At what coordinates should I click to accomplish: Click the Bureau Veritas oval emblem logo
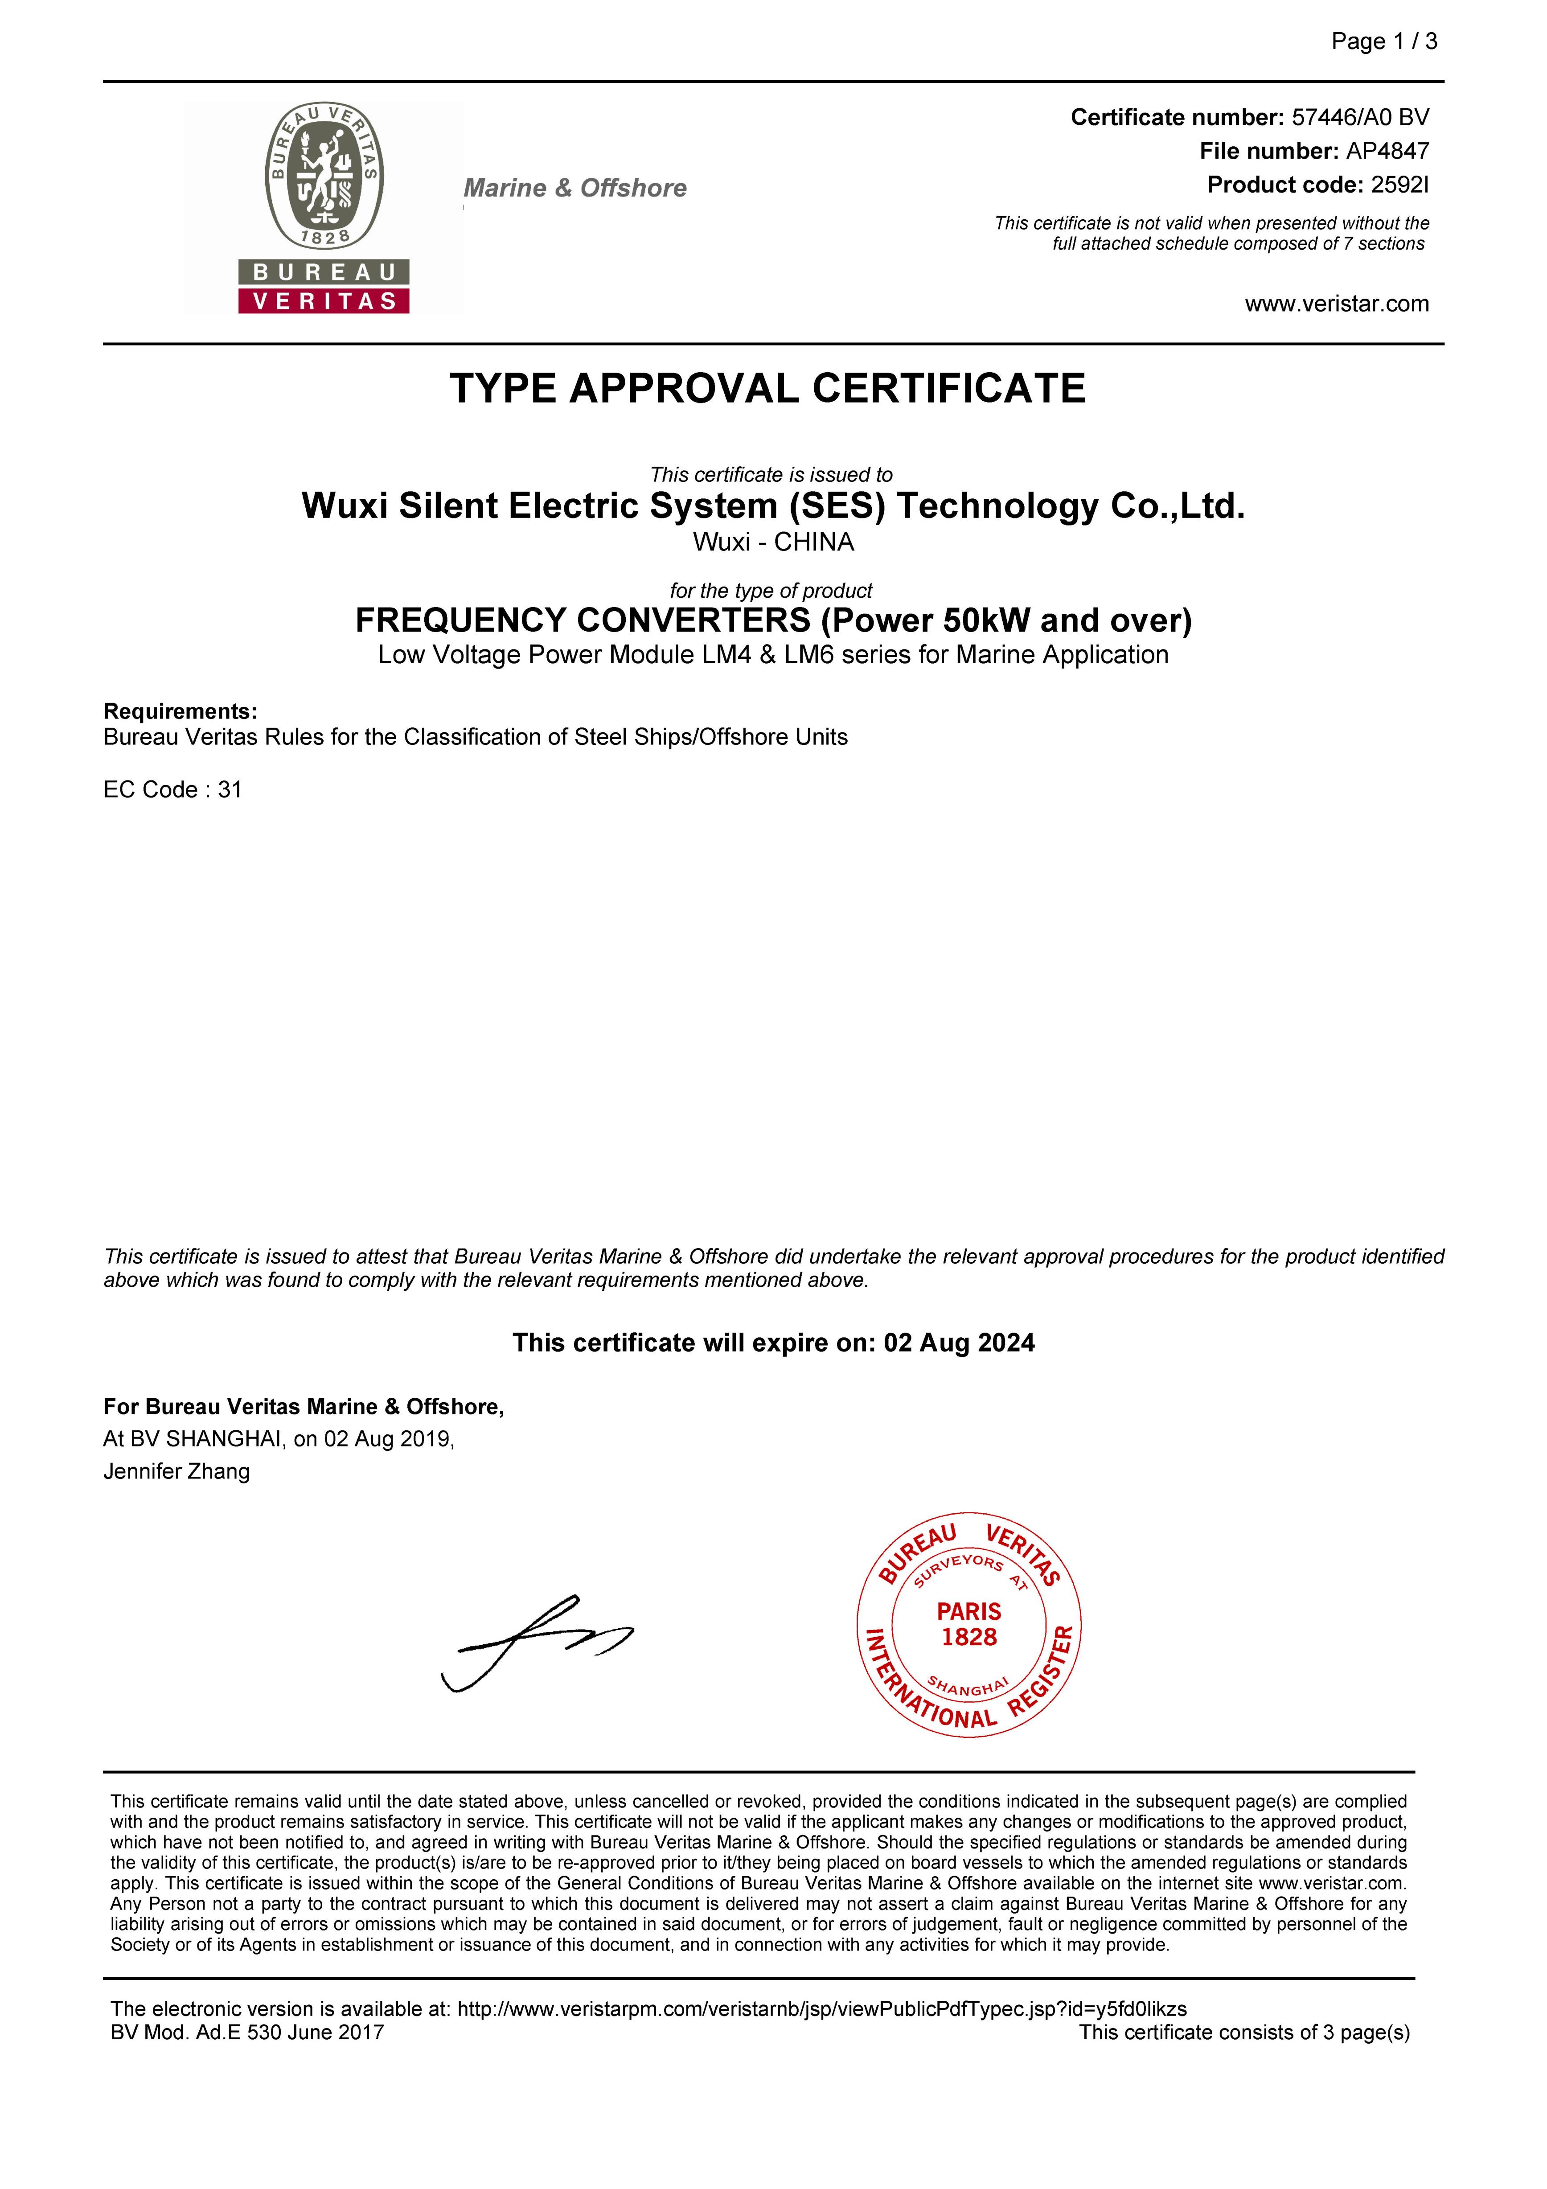click(x=324, y=177)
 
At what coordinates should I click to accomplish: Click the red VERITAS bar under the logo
click(x=324, y=301)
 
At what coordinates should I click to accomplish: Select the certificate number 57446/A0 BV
click(x=1360, y=117)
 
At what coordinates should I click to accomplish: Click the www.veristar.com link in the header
click(x=1336, y=304)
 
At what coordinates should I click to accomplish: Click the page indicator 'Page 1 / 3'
click(x=1384, y=41)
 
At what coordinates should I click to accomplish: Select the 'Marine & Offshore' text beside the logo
click(x=575, y=188)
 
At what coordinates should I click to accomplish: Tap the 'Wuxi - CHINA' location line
click(x=773, y=542)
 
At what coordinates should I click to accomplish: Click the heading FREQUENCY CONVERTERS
click(x=583, y=620)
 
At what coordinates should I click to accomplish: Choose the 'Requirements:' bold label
click(x=180, y=711)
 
